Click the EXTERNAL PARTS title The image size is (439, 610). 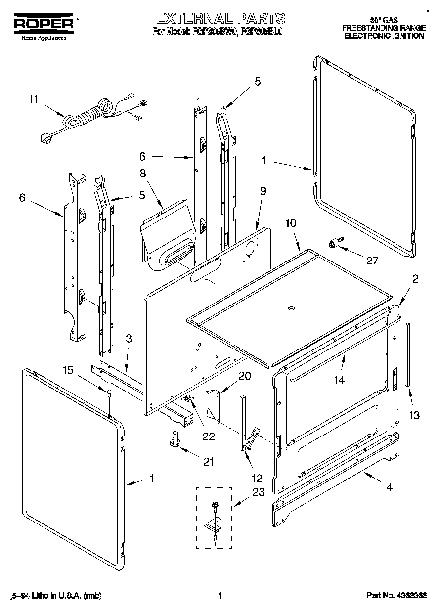(220, 19)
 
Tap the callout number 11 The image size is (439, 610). (33, 99)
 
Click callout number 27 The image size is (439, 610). (371, 261)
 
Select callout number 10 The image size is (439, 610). (290, 223)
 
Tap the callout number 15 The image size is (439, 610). (68, 370)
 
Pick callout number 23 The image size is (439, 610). (259, 492)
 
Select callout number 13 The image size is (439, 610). (414, 415)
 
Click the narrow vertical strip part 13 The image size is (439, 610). (408, 354)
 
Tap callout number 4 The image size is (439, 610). (390, 487)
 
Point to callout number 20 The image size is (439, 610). (244, 376)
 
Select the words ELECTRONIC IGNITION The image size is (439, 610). (384, 36)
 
